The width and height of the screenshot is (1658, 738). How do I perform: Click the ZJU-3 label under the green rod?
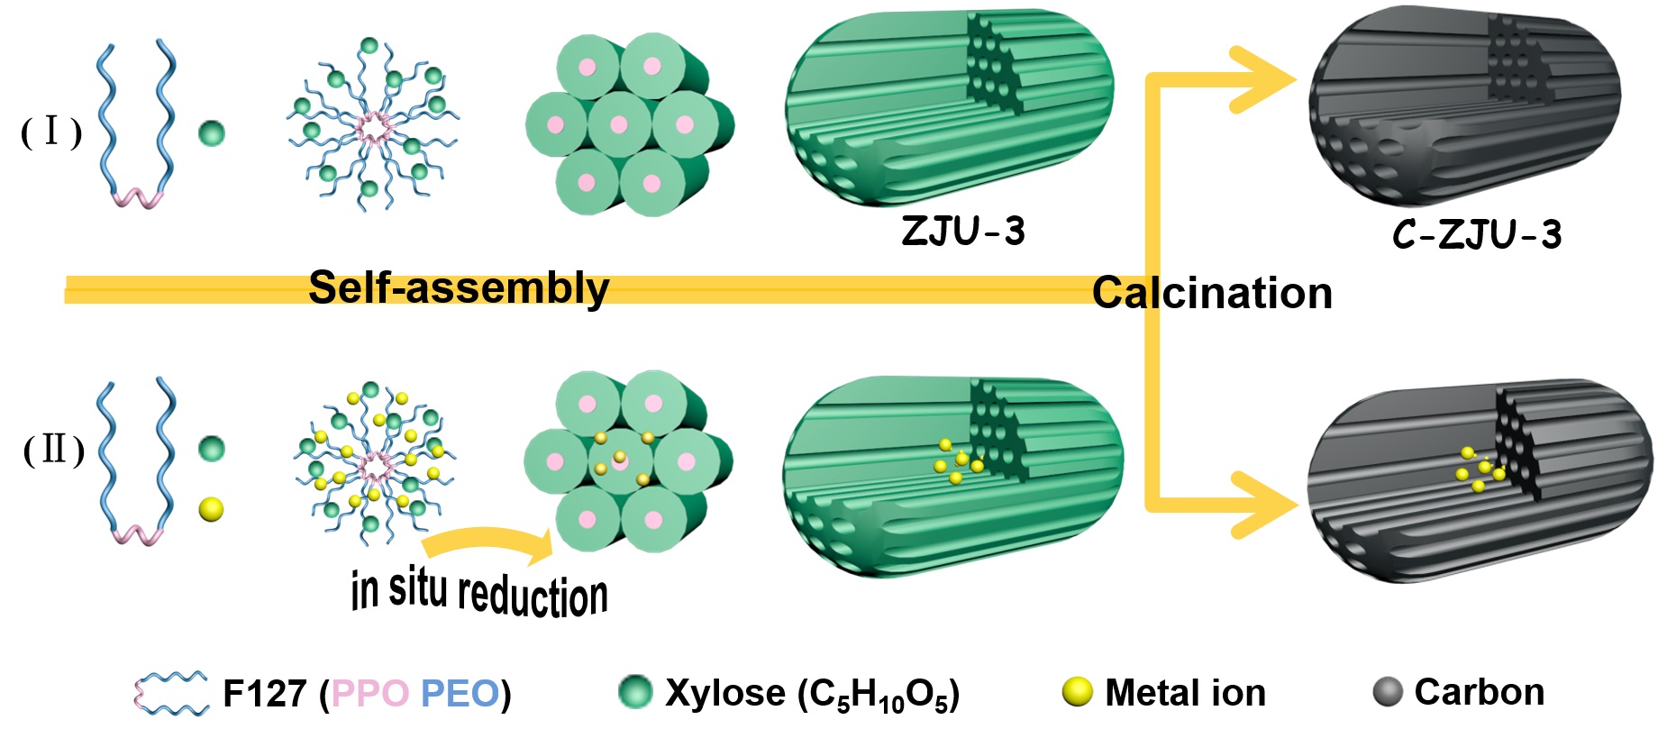[962, 232]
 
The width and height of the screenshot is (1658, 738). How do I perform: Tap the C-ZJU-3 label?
[1476, 234]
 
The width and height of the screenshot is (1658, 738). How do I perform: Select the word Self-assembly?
[459, 288]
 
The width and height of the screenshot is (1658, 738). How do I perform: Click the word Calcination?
[1212, 294]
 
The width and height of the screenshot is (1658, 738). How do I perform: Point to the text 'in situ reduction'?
[479, 593]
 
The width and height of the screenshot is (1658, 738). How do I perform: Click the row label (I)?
[51, 132]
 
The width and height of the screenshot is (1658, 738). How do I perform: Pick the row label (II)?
[54, 449]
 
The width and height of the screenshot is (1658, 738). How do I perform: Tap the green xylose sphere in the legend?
[635, 692]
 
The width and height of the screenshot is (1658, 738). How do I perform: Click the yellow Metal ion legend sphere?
[1077, 692]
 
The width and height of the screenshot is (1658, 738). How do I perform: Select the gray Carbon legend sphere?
[1388, 692]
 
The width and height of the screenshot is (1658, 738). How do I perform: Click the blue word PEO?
[460, 694]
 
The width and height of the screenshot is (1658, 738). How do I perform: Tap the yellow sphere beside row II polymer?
[211, 510]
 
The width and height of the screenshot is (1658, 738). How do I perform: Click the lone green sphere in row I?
[211, 134]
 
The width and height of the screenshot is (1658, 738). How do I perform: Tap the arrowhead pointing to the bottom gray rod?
[1266, 505]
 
